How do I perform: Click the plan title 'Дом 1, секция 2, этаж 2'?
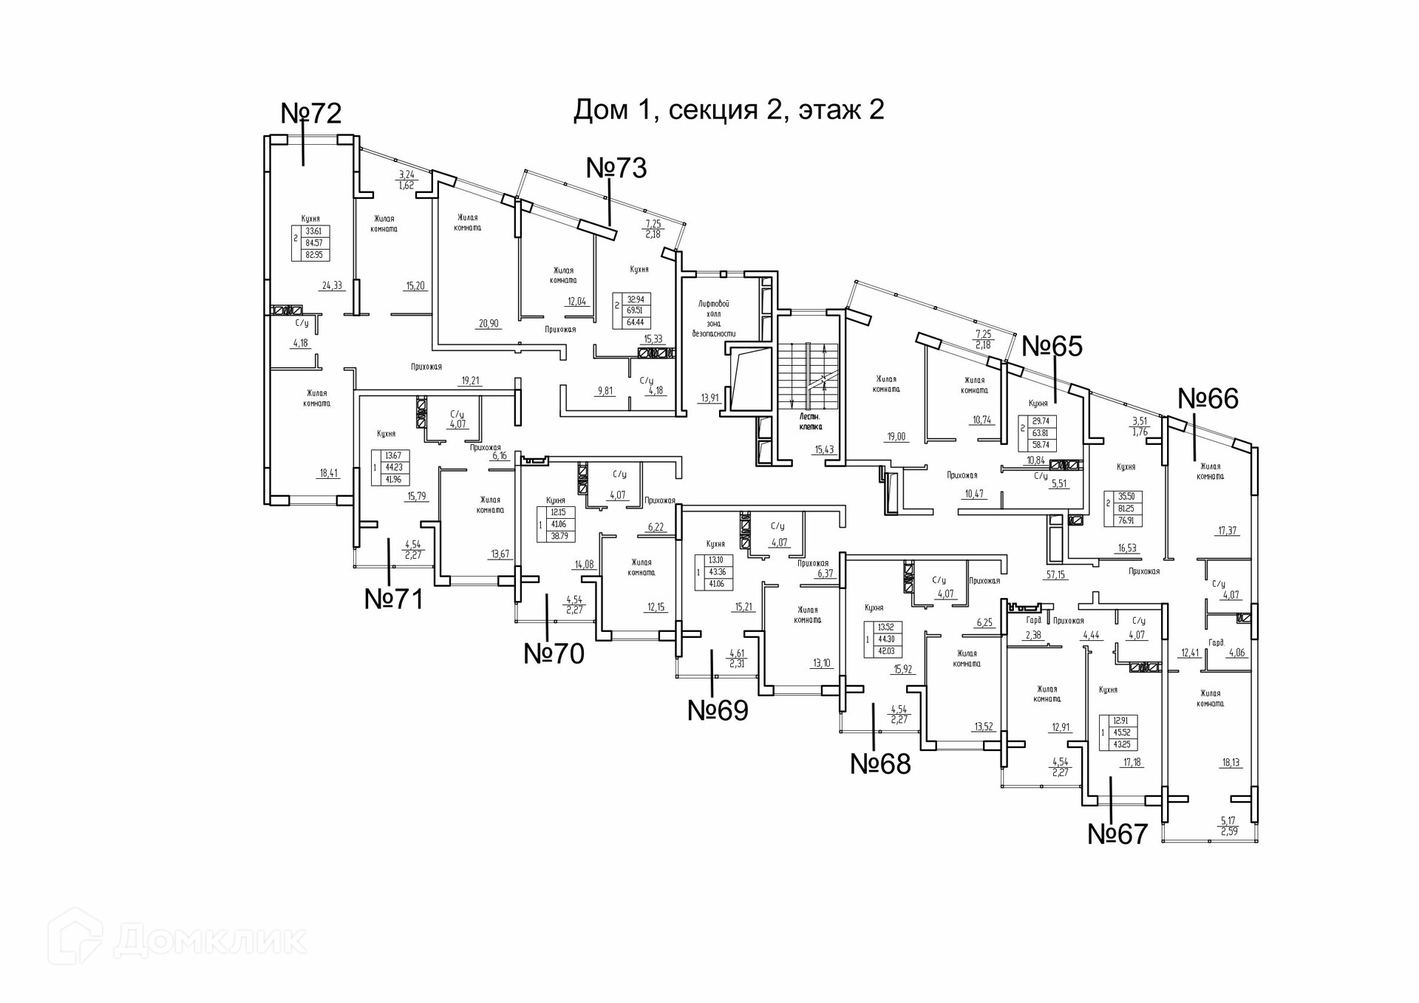click(729, 110)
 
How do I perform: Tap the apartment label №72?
click(311, 113)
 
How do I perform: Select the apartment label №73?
click(616, 168)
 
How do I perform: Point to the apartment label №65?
click(1052, 346)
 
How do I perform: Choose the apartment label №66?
click(1208, 398)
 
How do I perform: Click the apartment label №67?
click(1117, 834)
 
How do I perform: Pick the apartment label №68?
click(880, 764)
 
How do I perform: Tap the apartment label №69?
click(718, 710)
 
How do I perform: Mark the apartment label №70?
click(554, 653)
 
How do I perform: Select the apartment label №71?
click(394, 599)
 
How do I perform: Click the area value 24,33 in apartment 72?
click(332, 285)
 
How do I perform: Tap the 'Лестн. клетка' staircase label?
click(811, 422)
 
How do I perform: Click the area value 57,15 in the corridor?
click(1055, 574)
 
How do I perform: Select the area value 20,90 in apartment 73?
click(488, 323)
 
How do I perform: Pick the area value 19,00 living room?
click(896, 437)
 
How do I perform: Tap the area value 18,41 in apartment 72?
click(329, 473)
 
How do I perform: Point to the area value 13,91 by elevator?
click(709, 398)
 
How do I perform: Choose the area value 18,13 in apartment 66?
click(1231, 763)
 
